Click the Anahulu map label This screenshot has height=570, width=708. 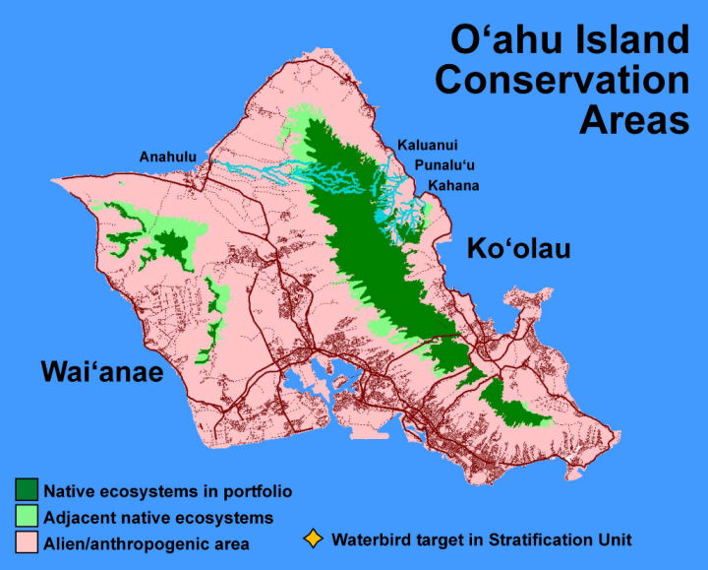[x=168, y=157]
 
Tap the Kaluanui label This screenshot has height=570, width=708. [x=427, y=145]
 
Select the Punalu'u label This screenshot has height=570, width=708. [x=444, y=165]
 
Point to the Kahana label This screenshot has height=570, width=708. [x=453, y=185]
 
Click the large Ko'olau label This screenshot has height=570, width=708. [x=518, y=249]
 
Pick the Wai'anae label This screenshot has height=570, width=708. [x=102, y=371]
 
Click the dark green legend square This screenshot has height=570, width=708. [x=27, y=490]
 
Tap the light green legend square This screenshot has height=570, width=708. [x=27, y=516]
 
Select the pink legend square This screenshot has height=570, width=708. [x=27, y=542]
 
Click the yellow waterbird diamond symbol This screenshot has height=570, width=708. [x=313, y=539]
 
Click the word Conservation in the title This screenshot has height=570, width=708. [x=562, y=80]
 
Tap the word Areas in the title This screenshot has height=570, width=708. [x=634, y=120]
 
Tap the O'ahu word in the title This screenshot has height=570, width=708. [x=503, y=39]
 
